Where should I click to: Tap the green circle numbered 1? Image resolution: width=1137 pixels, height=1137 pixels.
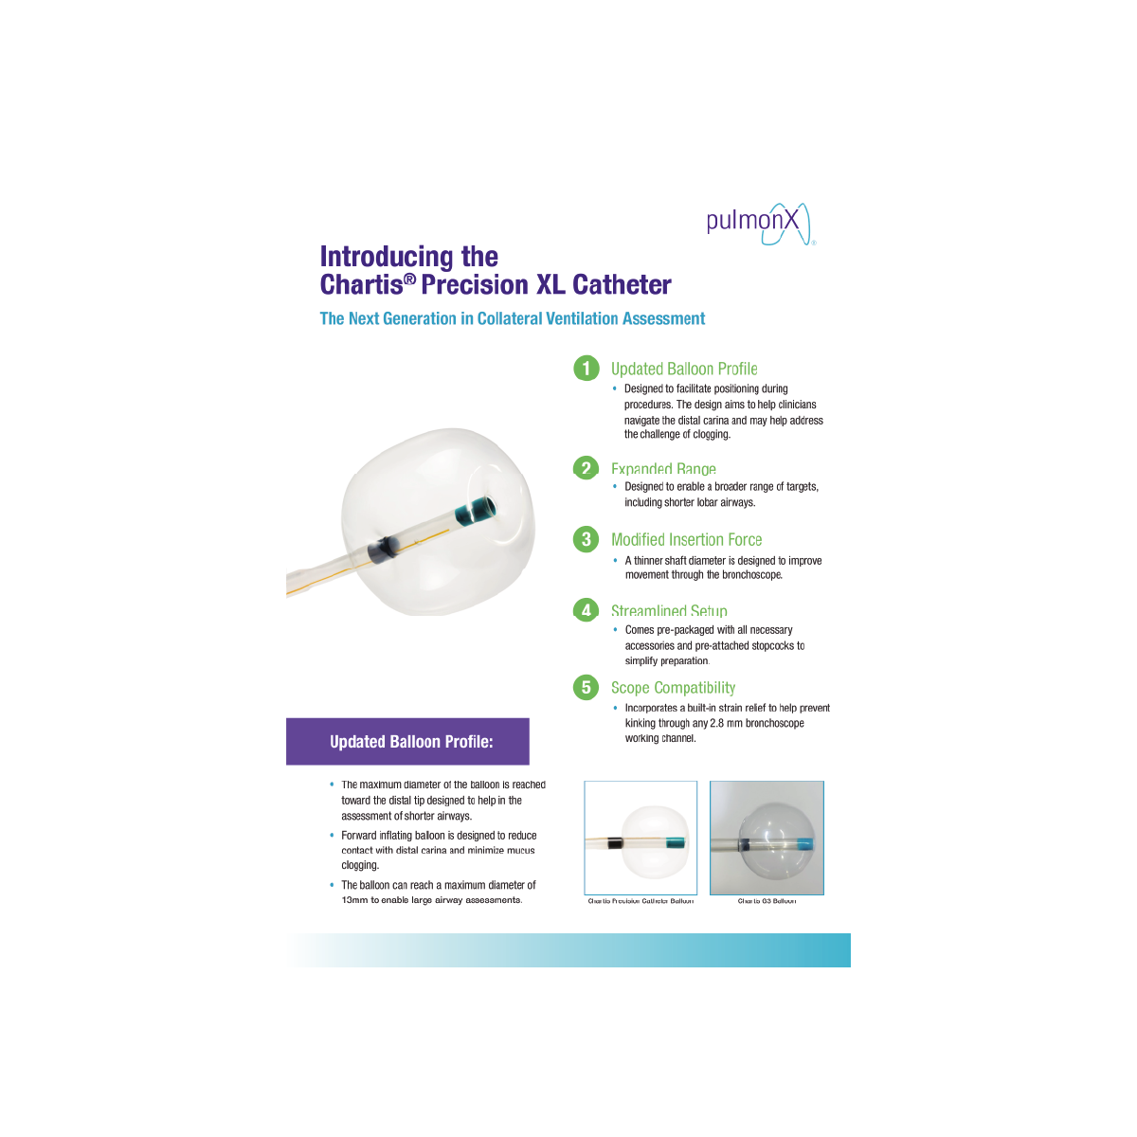[x=587, y=369]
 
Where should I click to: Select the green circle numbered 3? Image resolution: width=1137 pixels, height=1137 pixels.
[x=587, y=539]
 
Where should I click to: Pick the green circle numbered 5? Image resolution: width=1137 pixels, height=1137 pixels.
[x=587, y=687]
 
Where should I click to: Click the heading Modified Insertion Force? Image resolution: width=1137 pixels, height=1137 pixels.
[x=686, y=539]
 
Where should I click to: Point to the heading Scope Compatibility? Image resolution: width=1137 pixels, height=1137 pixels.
[x=673, y=688]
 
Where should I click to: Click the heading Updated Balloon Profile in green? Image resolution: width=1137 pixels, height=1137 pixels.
[x=684, y=369]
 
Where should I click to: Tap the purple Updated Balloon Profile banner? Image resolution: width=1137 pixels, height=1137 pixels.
[x=407, y=741]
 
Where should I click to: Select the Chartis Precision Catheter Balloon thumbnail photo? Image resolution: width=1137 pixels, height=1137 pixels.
[x=641, y=838]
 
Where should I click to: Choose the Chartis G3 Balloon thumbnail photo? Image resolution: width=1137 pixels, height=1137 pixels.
[x=767, y=838]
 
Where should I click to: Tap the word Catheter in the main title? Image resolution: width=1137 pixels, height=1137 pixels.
[x=622, y=284]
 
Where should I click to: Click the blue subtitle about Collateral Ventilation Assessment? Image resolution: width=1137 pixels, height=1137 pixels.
[x=512, y=318]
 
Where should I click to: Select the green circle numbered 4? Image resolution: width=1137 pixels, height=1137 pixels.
[x=587, y=610]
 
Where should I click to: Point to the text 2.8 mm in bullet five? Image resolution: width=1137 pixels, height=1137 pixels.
[x=726, y=723]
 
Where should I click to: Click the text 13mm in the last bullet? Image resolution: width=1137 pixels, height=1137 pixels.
[x=354, y=900]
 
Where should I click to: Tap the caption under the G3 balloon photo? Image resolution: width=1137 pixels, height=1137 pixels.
[x=767, y=901]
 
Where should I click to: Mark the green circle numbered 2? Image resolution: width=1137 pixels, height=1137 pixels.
[x=587, y=468]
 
